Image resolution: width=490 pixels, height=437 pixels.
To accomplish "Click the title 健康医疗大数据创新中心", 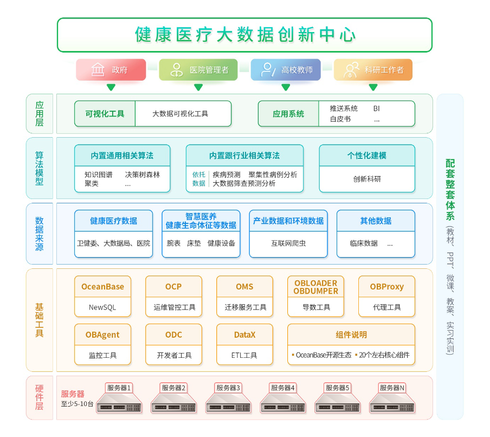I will (x=245, y=35).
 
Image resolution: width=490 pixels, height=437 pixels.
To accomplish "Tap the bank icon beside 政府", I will (x=98, y=70).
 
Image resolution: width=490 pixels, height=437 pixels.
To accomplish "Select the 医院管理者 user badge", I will (x=198, y=70).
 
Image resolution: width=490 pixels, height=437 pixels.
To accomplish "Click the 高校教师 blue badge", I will (x=286, y=70).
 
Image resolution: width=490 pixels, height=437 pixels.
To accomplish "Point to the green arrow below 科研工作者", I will (x=373, y=87).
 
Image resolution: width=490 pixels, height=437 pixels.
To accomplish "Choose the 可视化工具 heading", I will (x=105, y=114).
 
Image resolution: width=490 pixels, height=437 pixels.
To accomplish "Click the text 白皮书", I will (x=340, y=119).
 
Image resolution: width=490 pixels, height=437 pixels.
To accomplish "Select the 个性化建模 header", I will (x=367, y=156).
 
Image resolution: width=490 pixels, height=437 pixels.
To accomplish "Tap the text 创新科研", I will (x=367, y=179).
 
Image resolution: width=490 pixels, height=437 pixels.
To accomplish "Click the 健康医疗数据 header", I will (x=113, y=221).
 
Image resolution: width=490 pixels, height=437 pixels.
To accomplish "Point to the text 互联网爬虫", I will (x=288, y=243).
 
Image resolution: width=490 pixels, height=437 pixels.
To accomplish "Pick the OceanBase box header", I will (x=102, y=287).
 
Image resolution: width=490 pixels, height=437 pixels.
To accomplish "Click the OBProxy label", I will (x=386, y=287).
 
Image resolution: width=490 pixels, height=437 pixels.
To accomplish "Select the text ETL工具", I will (x=244, y=356).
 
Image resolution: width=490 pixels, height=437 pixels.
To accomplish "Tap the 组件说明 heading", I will (x=351, y=335).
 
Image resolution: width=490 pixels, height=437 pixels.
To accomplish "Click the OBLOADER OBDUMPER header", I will (x=315, y=287).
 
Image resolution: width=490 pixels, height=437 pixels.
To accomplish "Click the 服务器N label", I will (x=392, y=388).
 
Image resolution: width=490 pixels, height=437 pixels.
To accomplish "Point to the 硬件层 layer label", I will (x=40, y=397).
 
